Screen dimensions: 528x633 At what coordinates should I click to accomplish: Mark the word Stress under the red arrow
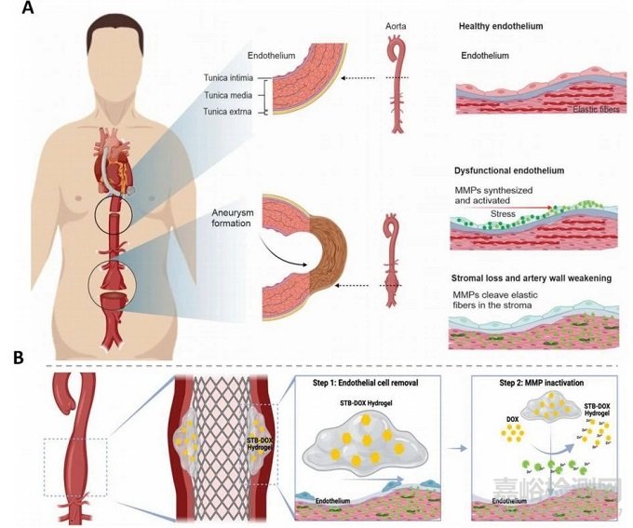[503, 213]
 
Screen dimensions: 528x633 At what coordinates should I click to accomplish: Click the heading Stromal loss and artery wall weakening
[533, 278]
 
